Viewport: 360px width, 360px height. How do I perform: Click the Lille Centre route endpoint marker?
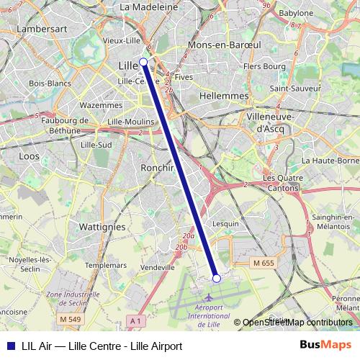(x=144, y=62)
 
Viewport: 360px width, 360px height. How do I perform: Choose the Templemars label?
(x=107, y=265)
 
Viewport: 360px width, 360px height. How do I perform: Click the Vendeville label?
(x=158, y=267)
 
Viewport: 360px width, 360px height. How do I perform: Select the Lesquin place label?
(x=225, y=223)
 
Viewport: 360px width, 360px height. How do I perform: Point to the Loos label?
(x=29, y=155)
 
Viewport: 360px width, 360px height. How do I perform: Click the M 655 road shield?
(x=264, y=264)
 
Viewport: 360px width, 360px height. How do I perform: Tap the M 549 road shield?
(x=71, y=319)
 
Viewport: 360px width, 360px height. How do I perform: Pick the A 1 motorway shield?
(x=135, y=319)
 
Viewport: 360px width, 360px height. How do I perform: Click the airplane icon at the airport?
(x=210, y=297)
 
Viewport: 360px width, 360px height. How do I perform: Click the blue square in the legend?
(x=9, y=346)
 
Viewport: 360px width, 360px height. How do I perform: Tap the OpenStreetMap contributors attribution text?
(x=297, y=323)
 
